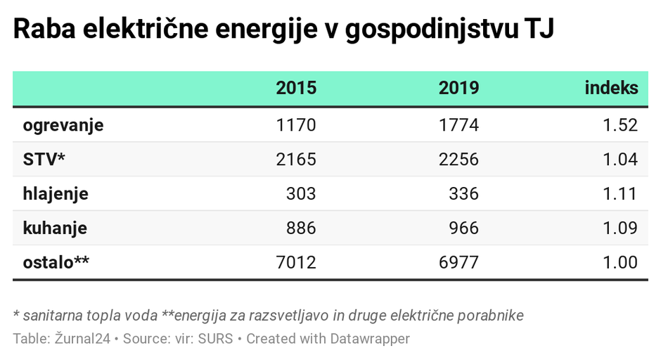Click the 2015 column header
(296, 88)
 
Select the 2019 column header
(458, 88)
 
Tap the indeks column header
(611, 88)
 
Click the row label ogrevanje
(63, 125)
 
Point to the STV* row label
(44, 160)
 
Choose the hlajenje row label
(56, 194)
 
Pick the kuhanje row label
(55, 229)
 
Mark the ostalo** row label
(56, 263)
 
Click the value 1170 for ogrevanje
(296, 125)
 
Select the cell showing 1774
(458, 125)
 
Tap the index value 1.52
(620, 125)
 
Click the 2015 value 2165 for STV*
(296, 160)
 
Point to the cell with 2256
(458, 160)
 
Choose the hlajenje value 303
(302, 194)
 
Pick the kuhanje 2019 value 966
(464, 229)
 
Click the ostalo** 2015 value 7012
(296, 263)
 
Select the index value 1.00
(620, 263)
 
